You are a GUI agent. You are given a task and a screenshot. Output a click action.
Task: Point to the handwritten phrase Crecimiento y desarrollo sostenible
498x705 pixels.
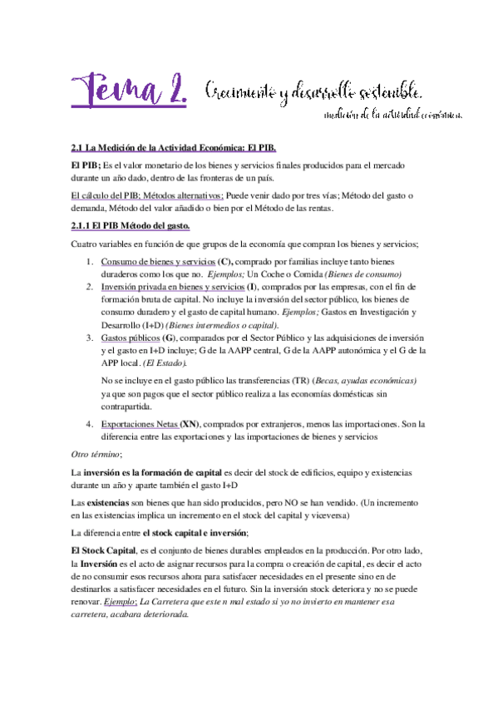pyautogui.click(x=317, y=91)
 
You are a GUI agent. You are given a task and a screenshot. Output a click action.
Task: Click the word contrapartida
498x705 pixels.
pyautogui.click(x=128, y=407)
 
